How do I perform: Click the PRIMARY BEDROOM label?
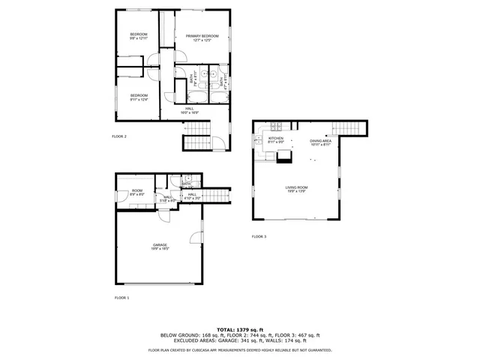202,35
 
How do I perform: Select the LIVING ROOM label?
296,187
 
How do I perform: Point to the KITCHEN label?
276,139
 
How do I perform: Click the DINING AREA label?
320,140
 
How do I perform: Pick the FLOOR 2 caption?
119,136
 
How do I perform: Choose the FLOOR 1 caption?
121,298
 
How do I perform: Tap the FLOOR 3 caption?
259,237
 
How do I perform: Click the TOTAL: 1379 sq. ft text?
240,329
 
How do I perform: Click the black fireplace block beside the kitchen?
284,158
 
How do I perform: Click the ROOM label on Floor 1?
137,190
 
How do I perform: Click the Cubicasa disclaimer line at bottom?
240,349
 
